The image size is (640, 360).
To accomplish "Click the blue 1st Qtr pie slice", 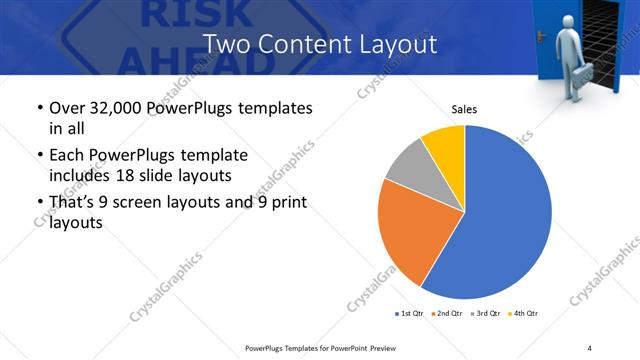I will [510, 215].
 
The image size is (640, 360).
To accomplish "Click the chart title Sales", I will [464, 108].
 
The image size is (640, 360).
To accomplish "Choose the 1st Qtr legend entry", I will [410, 314].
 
